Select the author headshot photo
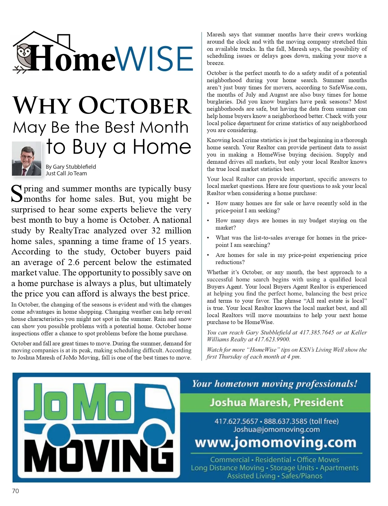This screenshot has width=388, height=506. (27, 159)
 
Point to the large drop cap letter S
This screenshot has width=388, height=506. (17, 194)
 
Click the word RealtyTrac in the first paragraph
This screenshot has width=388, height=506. (69, 231)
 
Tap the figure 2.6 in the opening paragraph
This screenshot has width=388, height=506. (73, 262)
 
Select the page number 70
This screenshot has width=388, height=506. (15, 491)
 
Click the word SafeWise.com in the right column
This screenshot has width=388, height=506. (348, 88)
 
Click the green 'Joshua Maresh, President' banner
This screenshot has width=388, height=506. (276, 402)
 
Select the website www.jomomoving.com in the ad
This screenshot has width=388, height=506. (275, 443)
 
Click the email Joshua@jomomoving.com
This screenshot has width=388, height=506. (276, 429)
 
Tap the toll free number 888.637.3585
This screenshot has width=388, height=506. (286, 421)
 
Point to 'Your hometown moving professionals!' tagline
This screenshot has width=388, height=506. (275, 384)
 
